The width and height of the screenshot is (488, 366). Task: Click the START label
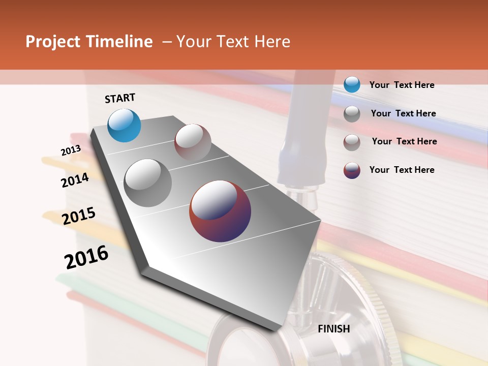pos(120,98)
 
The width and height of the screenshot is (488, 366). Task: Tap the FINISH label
pos(334,329)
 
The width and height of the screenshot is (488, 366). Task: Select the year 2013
pos(71,150)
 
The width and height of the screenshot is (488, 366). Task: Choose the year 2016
pos(86,257)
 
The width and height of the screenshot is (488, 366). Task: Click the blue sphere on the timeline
pos(125,126)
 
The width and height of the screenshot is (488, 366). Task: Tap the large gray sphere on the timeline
pos(148,183)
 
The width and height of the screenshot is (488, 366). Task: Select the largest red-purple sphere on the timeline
pos(220,211)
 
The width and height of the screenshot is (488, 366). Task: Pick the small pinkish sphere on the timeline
pos(193,143)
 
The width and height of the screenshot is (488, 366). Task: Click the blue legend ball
pos(352,84)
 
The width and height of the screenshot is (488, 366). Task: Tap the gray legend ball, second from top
pos(352,114)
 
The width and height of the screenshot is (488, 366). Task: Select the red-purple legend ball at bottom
pos(352,170)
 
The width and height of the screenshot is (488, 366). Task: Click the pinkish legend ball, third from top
pos(352,142)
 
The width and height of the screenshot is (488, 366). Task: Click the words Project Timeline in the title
pos(89,42)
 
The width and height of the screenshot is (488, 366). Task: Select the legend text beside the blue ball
pos(402,85)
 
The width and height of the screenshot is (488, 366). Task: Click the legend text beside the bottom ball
pos(402,170)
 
